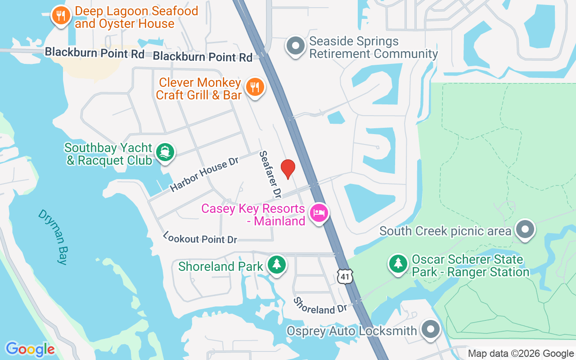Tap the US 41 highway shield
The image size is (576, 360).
[x=345, y=276]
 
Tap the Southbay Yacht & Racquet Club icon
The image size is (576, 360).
[x=165, y=152]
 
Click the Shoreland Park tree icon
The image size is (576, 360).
[x=276, y=264]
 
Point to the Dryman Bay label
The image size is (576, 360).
[x=53, y=237]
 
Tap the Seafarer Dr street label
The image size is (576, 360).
[x=270, y=175]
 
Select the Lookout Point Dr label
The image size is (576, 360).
[x=200, y=238]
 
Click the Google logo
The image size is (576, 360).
[x=30, y=349]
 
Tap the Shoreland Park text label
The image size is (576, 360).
[x=220, y=266]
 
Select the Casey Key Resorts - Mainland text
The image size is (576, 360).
[x=253, y=215]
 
